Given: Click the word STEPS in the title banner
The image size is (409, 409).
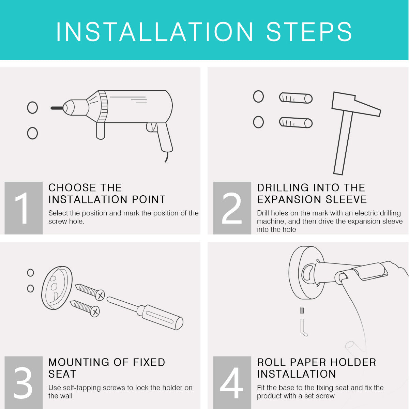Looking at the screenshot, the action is (309, 32).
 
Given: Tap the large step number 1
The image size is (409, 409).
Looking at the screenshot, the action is (22, 208).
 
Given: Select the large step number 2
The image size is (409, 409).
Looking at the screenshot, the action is (232, 208).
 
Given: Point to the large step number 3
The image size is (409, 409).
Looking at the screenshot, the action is (23, 382).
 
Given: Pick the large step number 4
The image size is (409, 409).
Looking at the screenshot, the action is (231, 382).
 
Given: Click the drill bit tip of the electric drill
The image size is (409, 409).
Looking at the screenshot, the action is (51, 108).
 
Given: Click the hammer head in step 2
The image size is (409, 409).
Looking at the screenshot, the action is (356, 104).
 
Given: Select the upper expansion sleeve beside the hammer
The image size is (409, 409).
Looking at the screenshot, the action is (296, 98).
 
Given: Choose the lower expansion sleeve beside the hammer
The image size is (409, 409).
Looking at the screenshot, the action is (296, 122).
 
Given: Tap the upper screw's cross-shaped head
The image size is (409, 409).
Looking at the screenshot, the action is (100, 295).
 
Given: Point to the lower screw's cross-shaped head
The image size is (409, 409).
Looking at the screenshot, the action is (95, 312).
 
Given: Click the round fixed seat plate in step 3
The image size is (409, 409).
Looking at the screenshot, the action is (57, 288).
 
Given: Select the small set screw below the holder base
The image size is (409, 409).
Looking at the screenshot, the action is (302, 310).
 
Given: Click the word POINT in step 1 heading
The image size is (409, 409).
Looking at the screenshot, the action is (149, 199).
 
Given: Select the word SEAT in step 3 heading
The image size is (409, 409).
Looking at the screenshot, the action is (62, 374).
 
